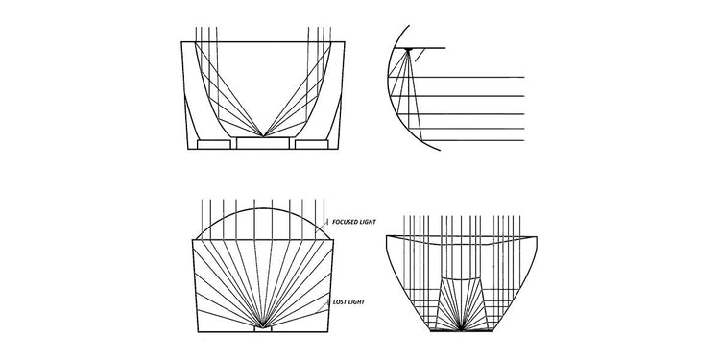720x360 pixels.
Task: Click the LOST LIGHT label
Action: [348, 302]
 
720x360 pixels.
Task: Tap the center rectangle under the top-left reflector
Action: [264, 144]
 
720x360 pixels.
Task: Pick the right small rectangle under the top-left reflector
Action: [313, 144]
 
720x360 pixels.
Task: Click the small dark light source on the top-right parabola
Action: [410, 49]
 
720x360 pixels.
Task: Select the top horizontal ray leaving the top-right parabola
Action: [470, 77]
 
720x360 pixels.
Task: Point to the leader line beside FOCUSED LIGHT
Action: [332, 225]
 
